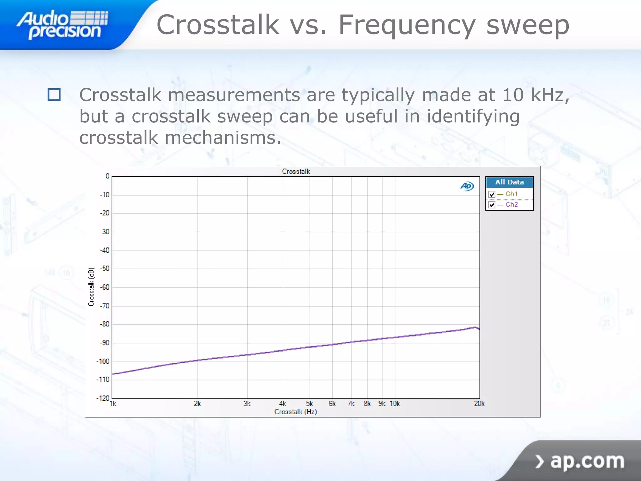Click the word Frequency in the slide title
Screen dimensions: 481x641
407,25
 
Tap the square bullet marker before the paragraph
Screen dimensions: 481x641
54,95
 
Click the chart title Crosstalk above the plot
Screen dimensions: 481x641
296,172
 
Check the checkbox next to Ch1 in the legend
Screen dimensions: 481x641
492,194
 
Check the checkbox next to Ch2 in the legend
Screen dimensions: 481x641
492,205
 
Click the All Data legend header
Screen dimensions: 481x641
509,182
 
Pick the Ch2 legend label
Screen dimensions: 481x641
512,204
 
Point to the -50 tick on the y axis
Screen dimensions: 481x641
105,269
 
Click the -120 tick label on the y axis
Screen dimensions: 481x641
103,398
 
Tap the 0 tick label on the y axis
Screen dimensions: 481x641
107,176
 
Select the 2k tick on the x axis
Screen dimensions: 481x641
197,404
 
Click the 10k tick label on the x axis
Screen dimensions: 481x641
395,404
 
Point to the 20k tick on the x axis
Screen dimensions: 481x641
479,404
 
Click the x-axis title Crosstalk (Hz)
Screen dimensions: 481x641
296,412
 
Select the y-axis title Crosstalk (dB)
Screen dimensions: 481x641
91,287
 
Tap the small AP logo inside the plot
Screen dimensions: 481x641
467,186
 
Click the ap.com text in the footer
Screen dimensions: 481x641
587,461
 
